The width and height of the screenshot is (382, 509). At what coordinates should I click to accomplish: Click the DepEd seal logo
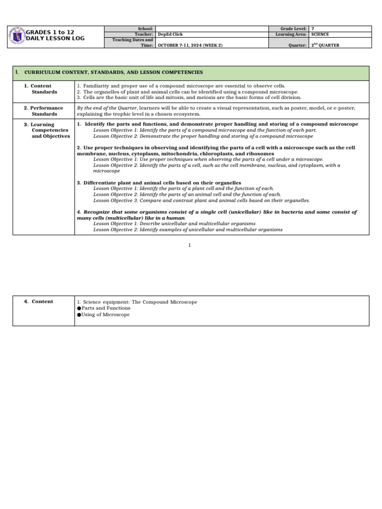point(17,36)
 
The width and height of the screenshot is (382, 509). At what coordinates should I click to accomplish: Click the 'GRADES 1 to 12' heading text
point(50,32)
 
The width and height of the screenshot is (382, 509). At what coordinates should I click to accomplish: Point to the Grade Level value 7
point(312,29)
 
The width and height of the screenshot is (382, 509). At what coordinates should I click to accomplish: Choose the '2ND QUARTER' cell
point(325,45)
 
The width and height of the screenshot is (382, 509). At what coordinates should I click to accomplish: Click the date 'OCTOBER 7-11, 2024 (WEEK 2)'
point(190,45)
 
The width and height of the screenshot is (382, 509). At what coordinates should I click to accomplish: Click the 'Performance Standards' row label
point(44,111)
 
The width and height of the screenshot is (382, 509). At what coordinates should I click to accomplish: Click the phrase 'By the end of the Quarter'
point(106,108)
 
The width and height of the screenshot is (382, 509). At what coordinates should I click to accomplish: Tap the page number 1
point(190,245)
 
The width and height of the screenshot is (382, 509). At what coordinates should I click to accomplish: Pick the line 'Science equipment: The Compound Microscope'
point(137,302)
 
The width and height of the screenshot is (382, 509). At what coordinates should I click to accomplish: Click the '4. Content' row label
point(39,302)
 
